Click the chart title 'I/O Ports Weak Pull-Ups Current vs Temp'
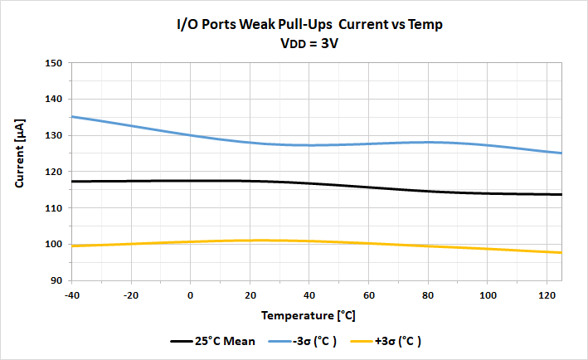(309, 25)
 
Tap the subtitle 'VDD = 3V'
(309, 44)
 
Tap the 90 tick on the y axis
(56, 281)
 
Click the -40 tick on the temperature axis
(72, 295)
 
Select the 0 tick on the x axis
(191, 295)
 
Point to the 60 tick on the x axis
(368, 295)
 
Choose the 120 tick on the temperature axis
(547, 295)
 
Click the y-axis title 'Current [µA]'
(22, 172)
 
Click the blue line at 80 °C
(428, 142)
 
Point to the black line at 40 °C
(309, 183)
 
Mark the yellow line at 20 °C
(250, 241)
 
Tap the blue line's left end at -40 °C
(73, 117)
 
